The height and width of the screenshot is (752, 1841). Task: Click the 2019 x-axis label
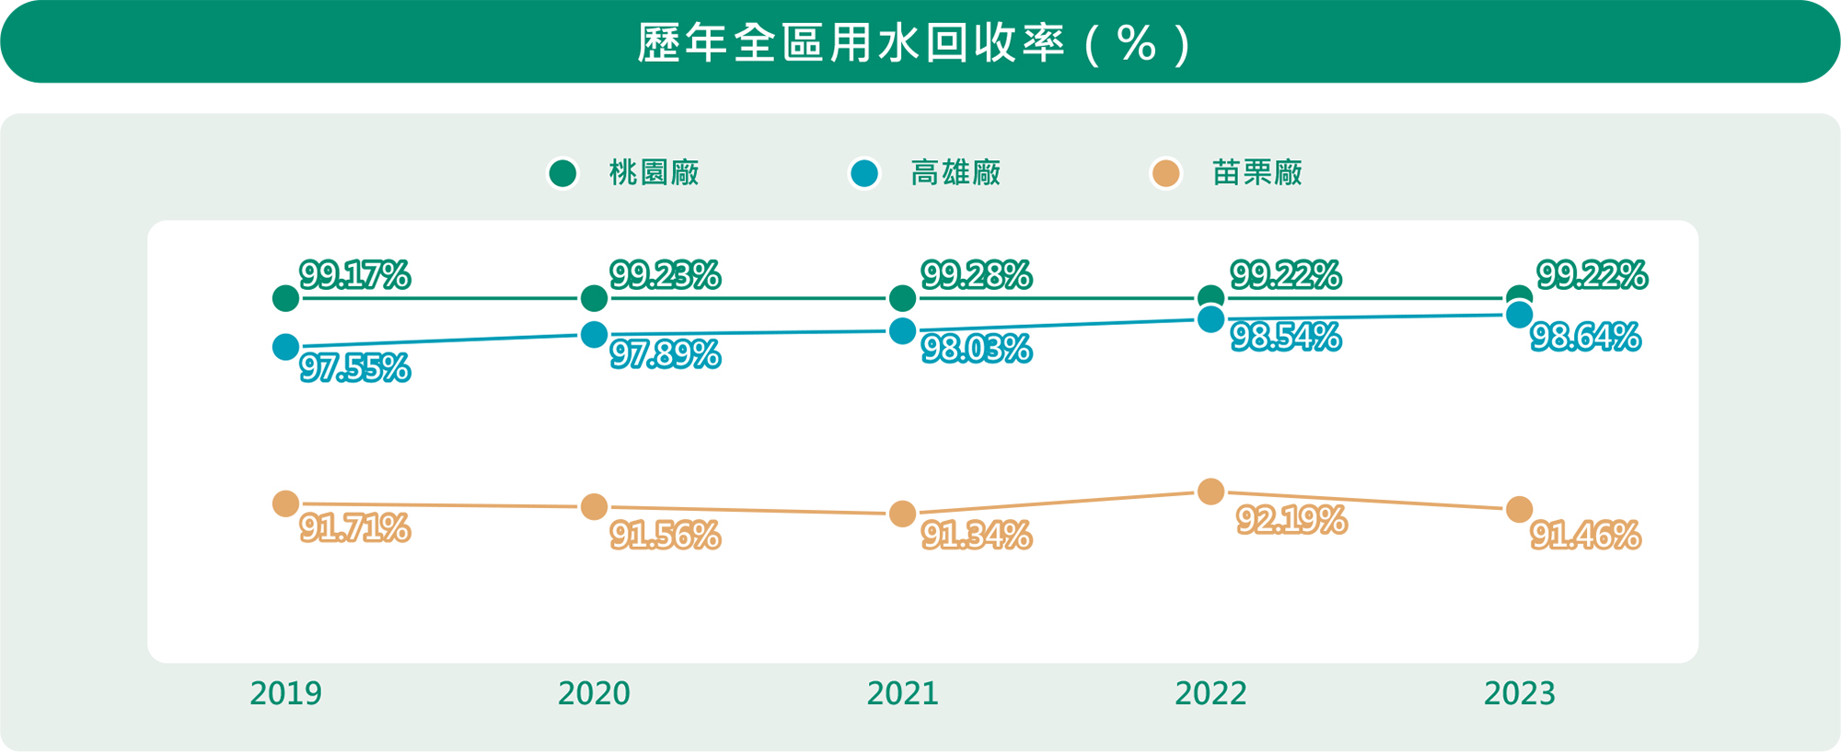285,693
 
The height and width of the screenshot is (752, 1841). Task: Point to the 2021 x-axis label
902,693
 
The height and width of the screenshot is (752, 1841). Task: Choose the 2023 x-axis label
1519,693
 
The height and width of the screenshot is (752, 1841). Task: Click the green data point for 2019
285,298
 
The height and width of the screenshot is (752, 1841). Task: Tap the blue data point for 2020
594,334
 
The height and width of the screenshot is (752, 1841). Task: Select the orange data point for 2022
1210,492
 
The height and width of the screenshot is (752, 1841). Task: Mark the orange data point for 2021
902,514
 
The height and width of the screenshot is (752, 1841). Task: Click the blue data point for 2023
1519,315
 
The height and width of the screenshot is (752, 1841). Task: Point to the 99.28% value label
976,275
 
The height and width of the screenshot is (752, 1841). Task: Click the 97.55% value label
355,368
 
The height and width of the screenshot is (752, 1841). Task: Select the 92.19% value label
1291,520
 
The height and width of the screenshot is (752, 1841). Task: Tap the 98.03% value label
976,350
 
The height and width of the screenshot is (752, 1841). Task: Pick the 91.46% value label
1585,535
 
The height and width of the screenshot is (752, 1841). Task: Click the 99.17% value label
355,275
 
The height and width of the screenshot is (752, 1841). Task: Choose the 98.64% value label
1585,338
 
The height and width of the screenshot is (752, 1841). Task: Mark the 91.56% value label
665,536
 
